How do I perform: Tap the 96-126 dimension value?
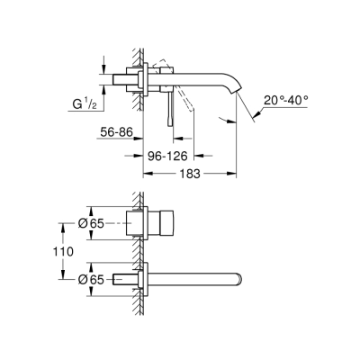point(167,155)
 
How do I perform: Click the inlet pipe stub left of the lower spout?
point(125,279)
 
